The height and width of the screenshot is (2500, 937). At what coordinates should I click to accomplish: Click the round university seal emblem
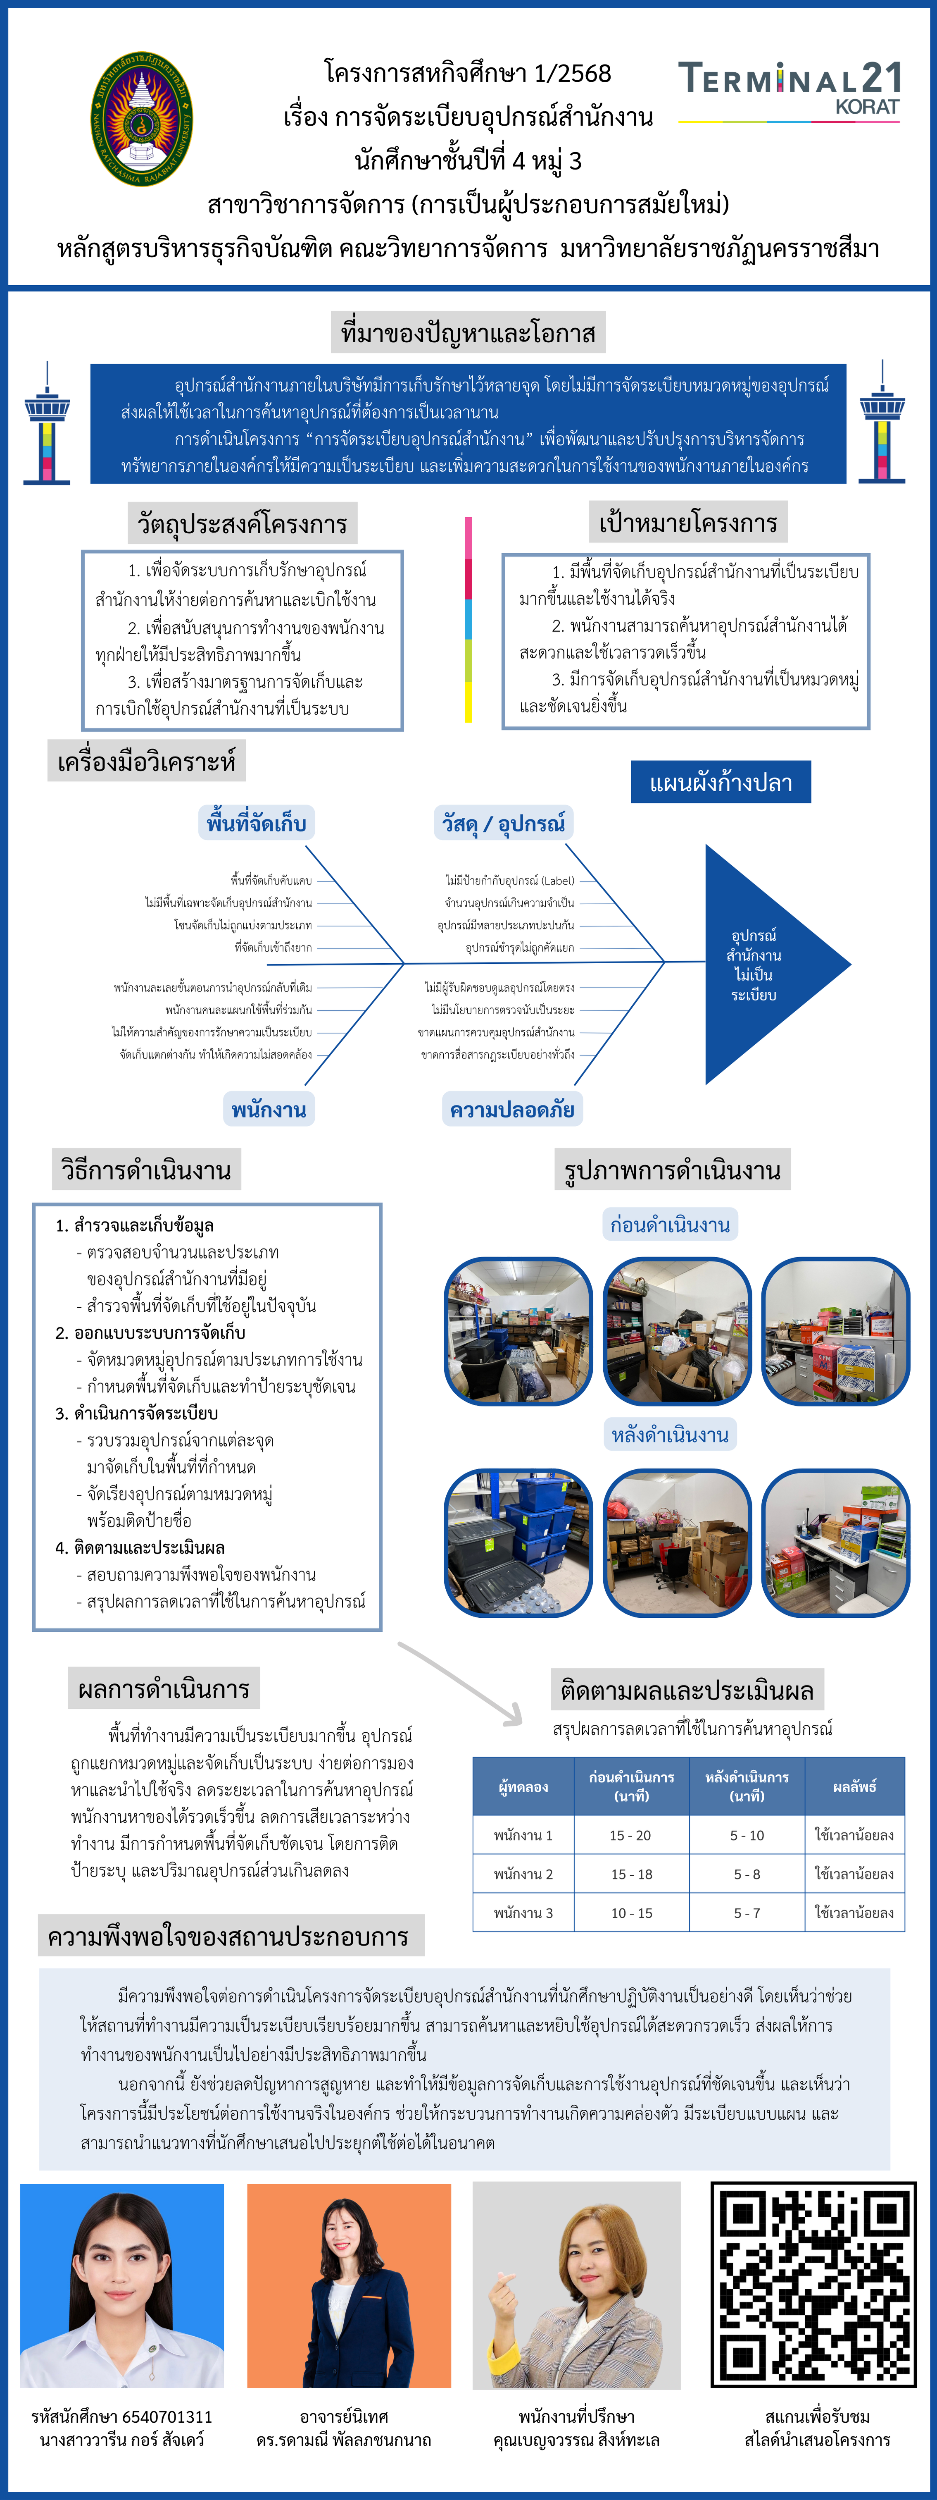(x=142, y=119)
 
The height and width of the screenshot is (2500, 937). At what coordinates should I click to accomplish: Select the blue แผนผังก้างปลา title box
(x=721, y=782)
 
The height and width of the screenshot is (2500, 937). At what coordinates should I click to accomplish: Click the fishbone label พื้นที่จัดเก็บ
(x=256, y=823)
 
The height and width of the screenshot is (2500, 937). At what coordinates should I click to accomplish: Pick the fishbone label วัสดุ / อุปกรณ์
(x=504, y=823)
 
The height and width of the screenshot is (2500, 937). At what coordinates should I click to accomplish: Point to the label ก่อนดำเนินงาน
(x=669, y=1225)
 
